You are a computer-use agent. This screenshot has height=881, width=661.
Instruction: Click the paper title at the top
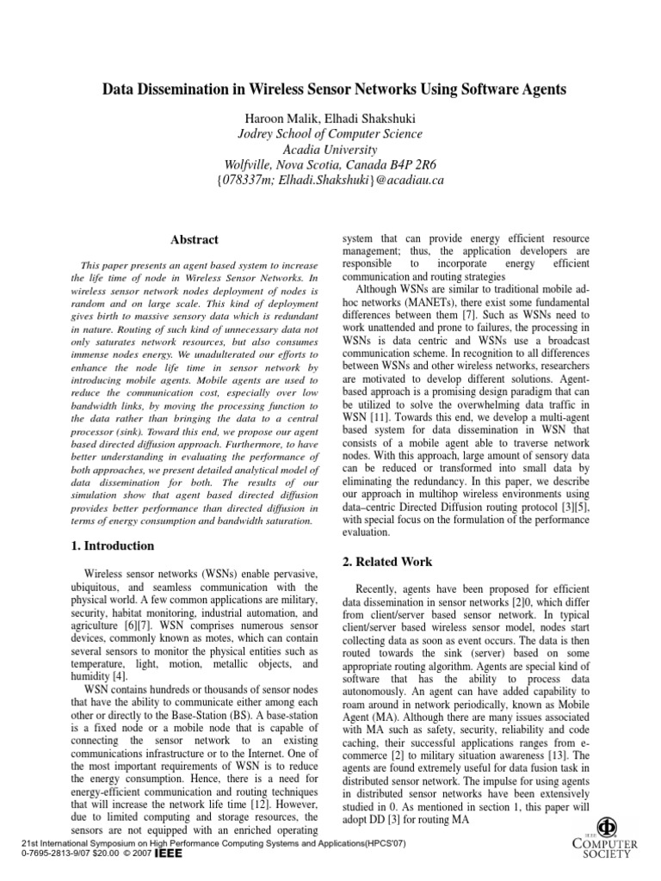335,89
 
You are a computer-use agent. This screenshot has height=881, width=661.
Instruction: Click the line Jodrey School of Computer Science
330,133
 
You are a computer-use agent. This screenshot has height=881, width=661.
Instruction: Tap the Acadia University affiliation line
330,149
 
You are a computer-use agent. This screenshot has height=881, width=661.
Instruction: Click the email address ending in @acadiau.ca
330,181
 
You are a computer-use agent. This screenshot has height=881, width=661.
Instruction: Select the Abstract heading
194,240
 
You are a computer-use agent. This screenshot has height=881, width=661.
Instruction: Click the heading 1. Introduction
112,545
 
